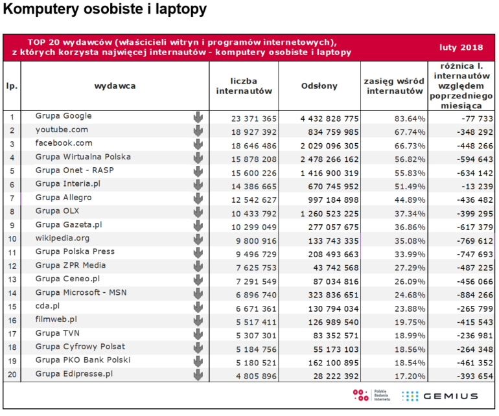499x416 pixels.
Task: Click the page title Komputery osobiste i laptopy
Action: coord(105,10)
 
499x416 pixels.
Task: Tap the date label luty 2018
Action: coord(461,47)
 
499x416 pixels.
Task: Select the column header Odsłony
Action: coord(319,86)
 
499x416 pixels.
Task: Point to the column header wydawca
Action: coord(115,86)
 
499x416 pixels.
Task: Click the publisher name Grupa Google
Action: coord(64,116)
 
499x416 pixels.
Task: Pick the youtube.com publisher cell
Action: coord(62,130)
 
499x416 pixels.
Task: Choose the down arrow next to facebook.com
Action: coord(198,144)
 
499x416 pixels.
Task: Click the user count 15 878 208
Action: coord(253,159)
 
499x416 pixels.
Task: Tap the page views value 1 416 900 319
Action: coord(329,173)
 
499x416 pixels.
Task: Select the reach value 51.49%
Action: coord(410,187)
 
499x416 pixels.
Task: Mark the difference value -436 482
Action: coord(475,200)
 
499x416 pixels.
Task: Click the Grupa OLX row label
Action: coord(57,211)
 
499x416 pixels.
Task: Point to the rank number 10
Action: coord(12,238)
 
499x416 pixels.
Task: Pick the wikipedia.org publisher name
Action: coord(62,238)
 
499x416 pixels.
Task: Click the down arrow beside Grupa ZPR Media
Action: coord(198,266)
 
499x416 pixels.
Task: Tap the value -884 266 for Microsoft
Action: coord(475,295)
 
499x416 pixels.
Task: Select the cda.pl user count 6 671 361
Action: coord(256,308)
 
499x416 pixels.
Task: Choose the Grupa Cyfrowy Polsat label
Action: coord(80,347)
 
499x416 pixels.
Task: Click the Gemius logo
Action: coord(440,397)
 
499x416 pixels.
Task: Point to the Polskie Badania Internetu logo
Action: coord(371,395)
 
